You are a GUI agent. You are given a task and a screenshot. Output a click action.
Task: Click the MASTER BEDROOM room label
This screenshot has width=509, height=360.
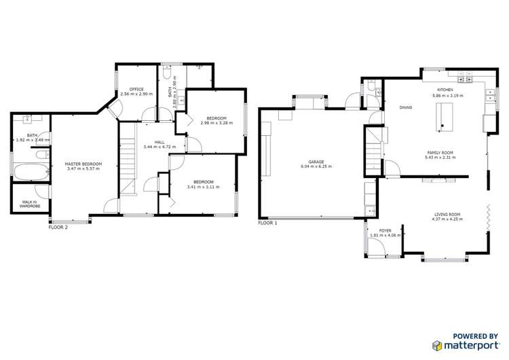83,164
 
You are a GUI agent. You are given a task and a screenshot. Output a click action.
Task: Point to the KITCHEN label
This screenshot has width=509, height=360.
445,90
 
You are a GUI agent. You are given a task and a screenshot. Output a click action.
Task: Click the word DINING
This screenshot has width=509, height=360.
406,107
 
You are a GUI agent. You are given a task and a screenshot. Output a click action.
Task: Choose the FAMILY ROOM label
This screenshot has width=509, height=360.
440,152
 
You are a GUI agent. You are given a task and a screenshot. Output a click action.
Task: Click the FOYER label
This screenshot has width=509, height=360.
385,231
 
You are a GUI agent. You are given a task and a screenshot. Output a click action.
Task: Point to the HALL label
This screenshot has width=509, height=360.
159,142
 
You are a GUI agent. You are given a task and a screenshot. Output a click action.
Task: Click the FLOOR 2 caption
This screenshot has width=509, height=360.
58,228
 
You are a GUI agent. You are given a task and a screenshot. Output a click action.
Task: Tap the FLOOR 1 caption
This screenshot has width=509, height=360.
268,223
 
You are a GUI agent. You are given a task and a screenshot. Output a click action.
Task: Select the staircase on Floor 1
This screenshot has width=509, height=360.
371,151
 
